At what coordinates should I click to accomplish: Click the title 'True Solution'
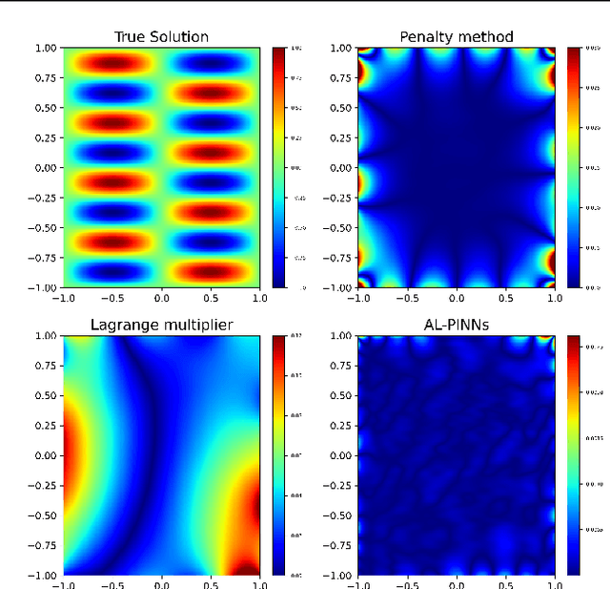point(161,37)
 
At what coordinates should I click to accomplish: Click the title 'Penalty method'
point(456,37)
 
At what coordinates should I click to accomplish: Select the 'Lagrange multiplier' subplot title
point(161,326)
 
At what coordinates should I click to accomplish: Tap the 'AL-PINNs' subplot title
point(456,326)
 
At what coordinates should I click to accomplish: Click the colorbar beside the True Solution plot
point(278,167)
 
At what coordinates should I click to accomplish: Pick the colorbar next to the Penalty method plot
point(573,167)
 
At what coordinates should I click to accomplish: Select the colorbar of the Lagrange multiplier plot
point(278,455)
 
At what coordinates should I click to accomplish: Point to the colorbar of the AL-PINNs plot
point(573,455)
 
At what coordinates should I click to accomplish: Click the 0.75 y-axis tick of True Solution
point(46,77)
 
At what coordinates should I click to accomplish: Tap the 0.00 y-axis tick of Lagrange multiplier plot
point(46,455)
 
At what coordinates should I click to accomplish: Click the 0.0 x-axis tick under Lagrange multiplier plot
point(161,585)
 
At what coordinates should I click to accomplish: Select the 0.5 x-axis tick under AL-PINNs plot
point(505,585)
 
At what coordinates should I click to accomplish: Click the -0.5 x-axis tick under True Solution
point(112,297)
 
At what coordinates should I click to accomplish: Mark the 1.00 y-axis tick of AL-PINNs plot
point(340,336)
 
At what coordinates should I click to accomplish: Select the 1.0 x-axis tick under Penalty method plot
point(554,297)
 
